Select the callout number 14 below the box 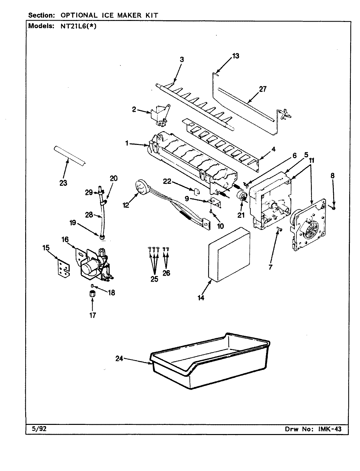point(201,298)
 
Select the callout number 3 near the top point(182,60)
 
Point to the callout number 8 point(333,175)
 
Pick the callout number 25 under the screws point(154,279)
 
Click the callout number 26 point(166,272)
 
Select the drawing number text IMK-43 point(328,429)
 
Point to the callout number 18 point(111,293)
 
